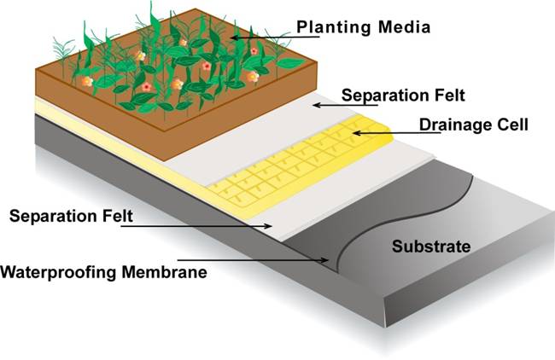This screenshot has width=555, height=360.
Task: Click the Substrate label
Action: (x=431, y=247)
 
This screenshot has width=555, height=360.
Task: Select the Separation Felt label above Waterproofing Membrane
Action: (x=71, y=215)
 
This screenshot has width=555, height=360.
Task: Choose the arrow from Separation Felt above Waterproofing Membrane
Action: (x=205, y=226)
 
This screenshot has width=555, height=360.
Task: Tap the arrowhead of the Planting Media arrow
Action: (x=233, y=38)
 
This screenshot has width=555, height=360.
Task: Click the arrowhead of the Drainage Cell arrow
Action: (x=355, y=132)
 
